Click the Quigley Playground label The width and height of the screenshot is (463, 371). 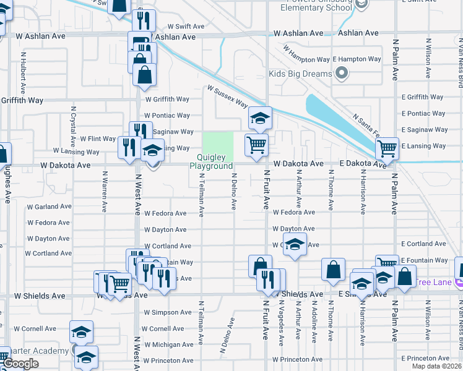(x=211, y=162)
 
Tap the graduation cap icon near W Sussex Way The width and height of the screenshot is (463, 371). (x=260, y=117)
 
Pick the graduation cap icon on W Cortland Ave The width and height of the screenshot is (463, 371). (x=295, y=244)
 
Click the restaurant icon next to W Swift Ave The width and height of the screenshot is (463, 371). (x=144, y=20)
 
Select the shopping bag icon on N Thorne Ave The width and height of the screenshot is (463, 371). (x=333, y=269)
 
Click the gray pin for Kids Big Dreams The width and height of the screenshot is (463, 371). (x=341, y=74)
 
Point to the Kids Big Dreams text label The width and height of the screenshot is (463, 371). (x=301, y=74)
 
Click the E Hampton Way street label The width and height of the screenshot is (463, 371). (x=357, y=59)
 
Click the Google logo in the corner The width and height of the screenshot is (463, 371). (x=21, y=364)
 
